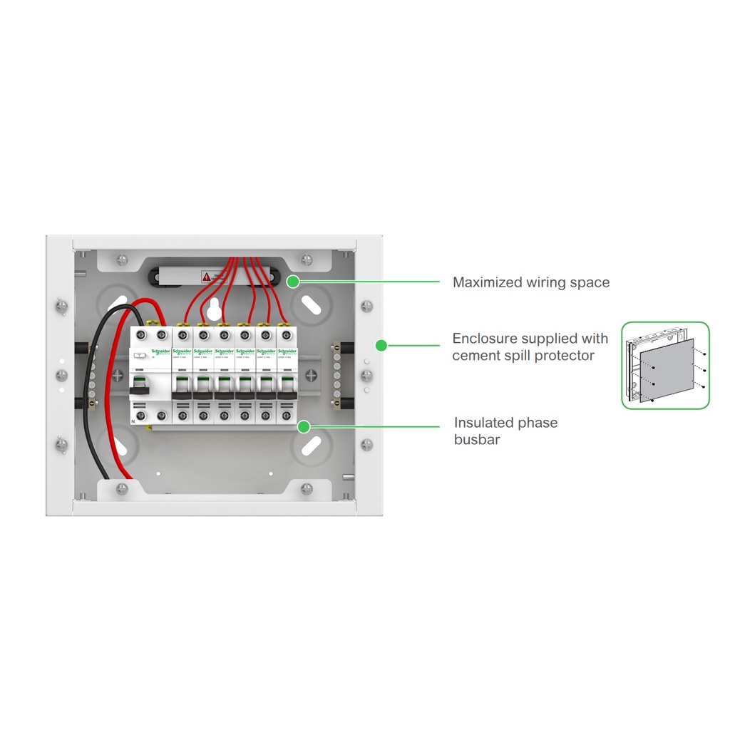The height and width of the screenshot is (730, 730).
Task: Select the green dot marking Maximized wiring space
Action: pyautogui.click(x=292, y=282)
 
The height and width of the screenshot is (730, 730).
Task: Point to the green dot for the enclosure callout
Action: pyautogui.click(x=381, y=345)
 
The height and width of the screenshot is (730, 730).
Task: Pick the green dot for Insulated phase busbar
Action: pyautogui.click(x=304, y=427)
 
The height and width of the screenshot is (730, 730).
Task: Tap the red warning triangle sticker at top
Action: pyautogui.click(x=206, y=276)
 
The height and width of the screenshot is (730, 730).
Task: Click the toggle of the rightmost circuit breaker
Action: pyautogui.click(x=287, y=387)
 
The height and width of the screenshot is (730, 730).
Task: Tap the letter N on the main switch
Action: pyautogui.click(x=133, y=422)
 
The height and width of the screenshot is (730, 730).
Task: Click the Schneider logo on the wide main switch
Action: pyautogui.click(x=161, y=352)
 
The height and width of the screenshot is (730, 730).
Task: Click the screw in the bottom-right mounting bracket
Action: pyautogui.click(x=307, y=489)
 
